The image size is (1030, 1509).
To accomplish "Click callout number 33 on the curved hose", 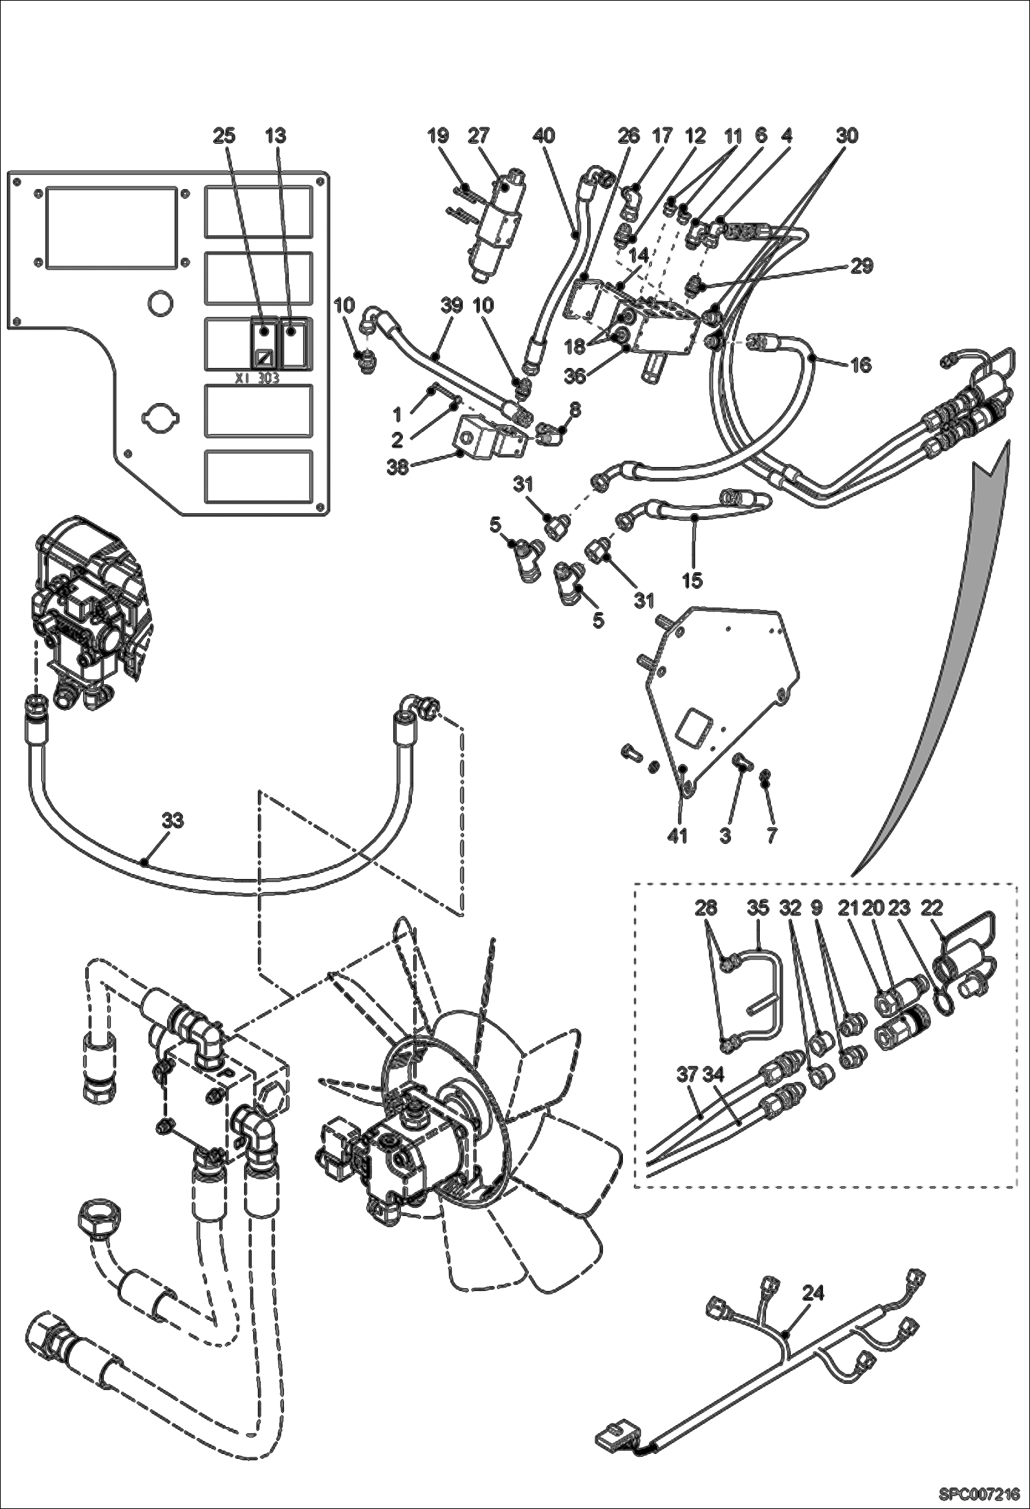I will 173,820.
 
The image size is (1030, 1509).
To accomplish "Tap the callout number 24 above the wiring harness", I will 812,1293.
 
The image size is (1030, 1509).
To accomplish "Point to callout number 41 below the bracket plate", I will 679,836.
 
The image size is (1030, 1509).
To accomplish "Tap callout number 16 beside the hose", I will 860,364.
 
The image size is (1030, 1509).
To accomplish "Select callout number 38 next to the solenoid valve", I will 398,467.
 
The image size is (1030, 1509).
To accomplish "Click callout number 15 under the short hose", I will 692,580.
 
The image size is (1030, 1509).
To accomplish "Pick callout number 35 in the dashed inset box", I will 757,908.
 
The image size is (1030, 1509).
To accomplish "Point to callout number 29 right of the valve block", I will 862,265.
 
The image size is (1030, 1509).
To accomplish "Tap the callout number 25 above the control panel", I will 223,135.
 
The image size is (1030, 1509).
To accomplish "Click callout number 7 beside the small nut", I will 771,836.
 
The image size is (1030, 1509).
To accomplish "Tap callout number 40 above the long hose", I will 543,135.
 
